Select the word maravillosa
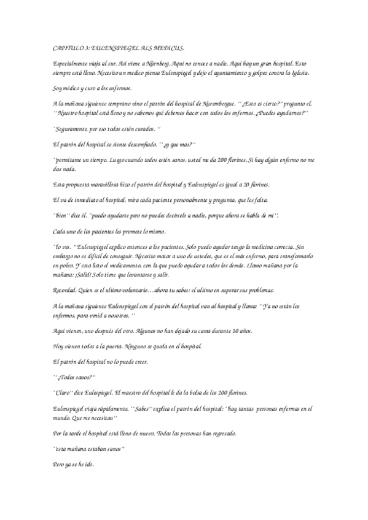tap(98, 185)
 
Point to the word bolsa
tap(192, 392)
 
